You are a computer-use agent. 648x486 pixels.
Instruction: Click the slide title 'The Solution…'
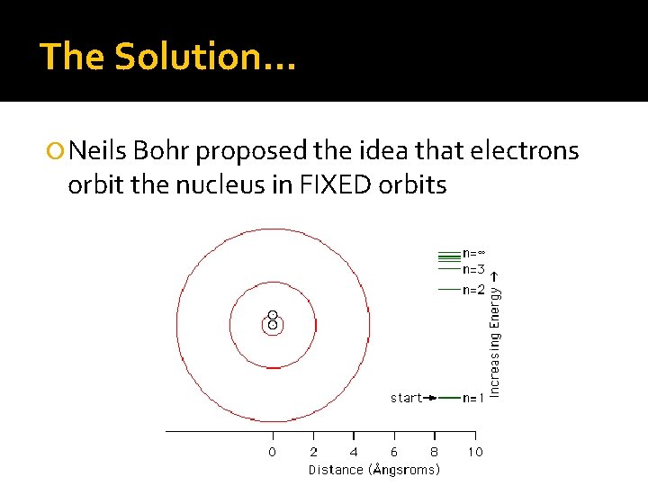coord(168,56)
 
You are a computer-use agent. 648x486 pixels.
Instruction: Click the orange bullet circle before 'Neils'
coord(57,151)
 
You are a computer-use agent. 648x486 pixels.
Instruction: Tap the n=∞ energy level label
coord(474,254)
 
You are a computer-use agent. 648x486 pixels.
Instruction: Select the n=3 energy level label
coord(473,269)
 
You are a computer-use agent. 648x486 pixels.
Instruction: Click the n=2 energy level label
coord(473,290)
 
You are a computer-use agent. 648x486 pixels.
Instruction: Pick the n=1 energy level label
coord(473,398)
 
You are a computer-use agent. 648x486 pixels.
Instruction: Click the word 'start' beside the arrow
coord(406,397)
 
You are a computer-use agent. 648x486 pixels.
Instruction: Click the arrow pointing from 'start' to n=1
coord(431,397)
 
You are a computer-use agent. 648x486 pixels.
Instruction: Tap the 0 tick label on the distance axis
coord(273,452)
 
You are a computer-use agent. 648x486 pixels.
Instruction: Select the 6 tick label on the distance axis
coord(394,452)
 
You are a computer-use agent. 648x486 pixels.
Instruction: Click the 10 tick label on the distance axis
coord(474,452)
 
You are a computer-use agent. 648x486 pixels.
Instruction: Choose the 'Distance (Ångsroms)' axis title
coord(373,469)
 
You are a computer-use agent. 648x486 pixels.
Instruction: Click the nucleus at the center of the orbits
coord(273,319)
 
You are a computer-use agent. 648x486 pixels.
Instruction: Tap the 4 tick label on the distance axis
coord(354,452)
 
